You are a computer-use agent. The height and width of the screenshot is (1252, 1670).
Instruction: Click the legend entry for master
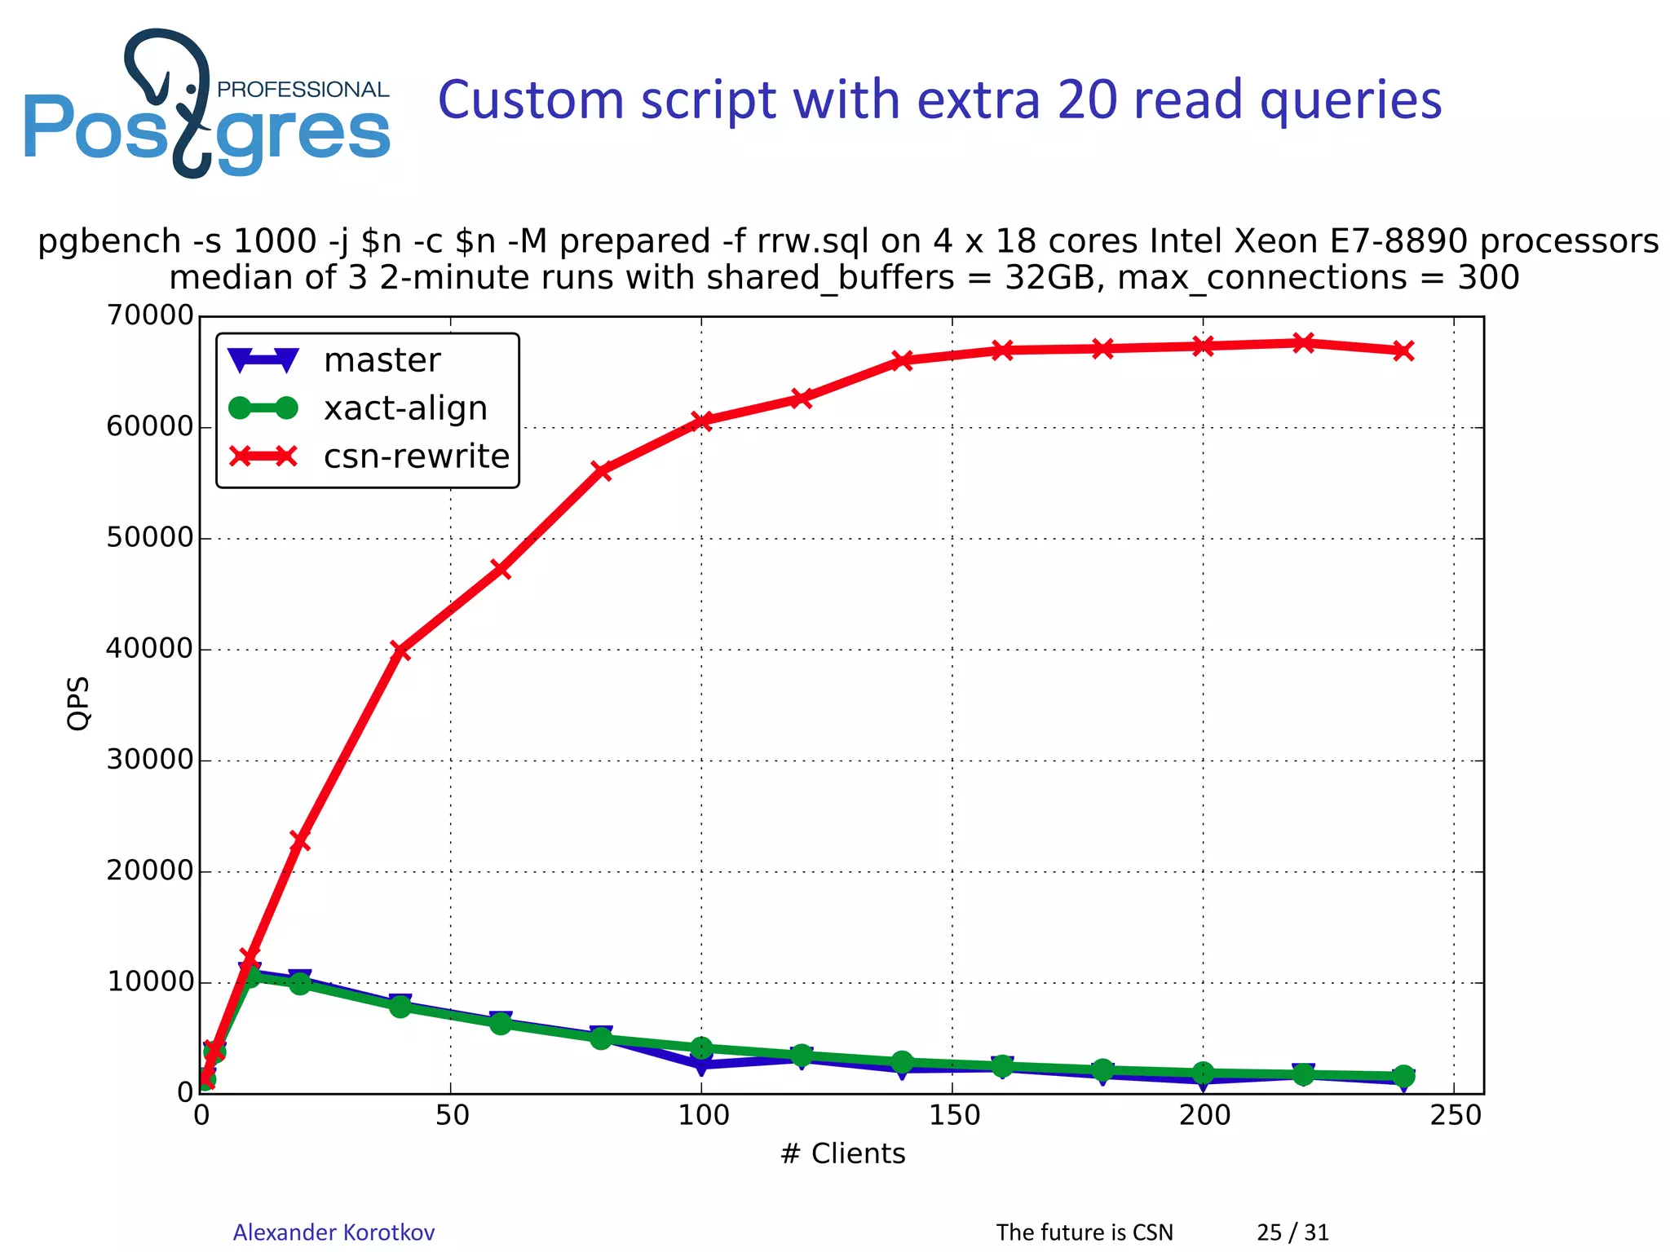click(382, 360)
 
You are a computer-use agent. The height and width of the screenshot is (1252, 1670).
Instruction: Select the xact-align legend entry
click(405, 408)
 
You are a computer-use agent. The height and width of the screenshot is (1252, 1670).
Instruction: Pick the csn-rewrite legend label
click(416, 456)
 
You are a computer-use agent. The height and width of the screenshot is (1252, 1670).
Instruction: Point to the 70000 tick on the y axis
click(150, 315)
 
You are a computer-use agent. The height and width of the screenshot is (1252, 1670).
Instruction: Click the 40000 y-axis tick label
click(150, 649)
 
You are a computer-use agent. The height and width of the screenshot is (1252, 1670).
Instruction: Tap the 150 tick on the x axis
click(953, 1115)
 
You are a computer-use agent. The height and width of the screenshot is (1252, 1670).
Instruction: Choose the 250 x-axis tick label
click(1455, 1115)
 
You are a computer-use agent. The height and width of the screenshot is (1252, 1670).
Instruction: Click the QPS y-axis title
click(78, 703)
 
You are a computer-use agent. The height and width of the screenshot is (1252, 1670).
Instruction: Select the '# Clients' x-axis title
click(842, 1154)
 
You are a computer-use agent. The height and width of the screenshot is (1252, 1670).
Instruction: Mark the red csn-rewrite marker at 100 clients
click(702, 421)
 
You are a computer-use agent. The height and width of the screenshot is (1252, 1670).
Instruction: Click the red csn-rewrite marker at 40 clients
click(400, 650)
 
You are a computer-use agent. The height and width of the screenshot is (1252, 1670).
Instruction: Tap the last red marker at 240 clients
click(1403, 351)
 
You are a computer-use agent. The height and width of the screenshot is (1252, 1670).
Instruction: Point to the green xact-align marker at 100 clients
click(702, 1047)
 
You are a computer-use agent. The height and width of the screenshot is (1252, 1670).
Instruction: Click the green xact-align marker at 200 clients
click(1203, 1073)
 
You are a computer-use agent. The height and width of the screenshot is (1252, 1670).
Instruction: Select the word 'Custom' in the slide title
click(530, 101)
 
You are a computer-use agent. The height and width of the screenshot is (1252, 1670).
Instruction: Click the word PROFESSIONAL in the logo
click(303, 90)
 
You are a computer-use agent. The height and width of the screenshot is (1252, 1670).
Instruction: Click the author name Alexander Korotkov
click(334, 1232)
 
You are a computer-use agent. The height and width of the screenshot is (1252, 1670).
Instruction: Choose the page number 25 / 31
click(1292, 1232)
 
